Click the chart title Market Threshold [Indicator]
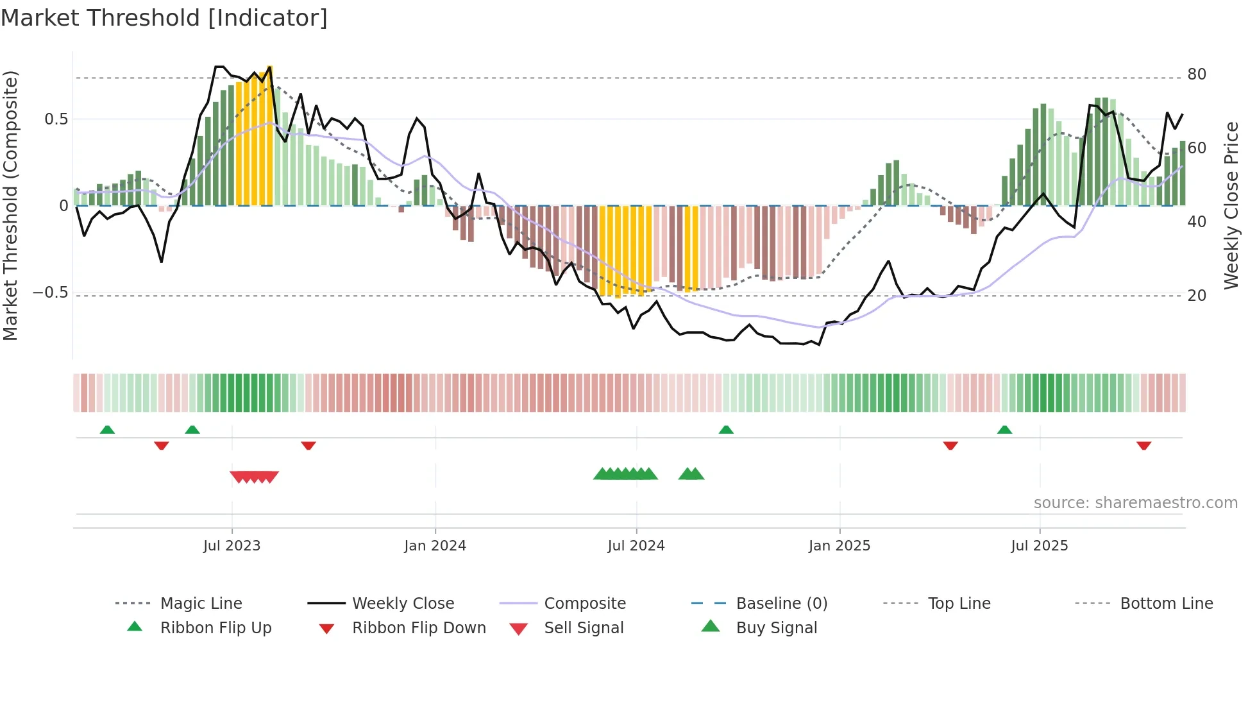(x=164, y=18)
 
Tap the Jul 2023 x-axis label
(x=232, y=546)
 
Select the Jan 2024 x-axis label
(x=435, y=546)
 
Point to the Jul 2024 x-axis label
(x=636, y=546)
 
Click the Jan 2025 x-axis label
(x=839, y=546)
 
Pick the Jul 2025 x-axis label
(x=1039, y=546)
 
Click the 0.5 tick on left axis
(x=56, y=119)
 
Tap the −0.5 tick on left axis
(x=50, y=293)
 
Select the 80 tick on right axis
(x=1197, y=74)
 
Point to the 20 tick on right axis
(x=1197, y=296)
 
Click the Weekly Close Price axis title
(x=1231, y=205)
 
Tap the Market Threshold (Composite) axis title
(x=10, y=205)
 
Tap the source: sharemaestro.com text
(x=1135, y=503)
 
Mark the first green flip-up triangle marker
(x=107, y=430)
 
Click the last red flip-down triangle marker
(x=1143, y=445)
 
